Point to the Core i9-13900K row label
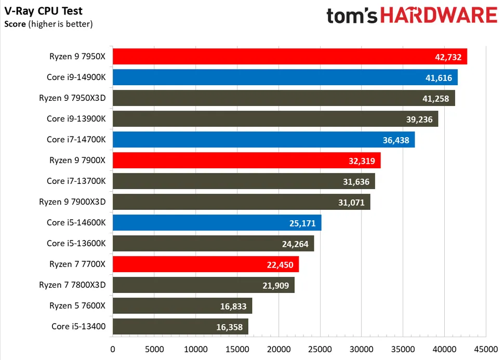tap(76, 119)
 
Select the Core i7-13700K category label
tap(76, 181)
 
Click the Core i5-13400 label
tap(78, 327)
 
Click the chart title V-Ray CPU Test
tap(43, 11)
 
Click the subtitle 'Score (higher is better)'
tap(48, 23)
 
